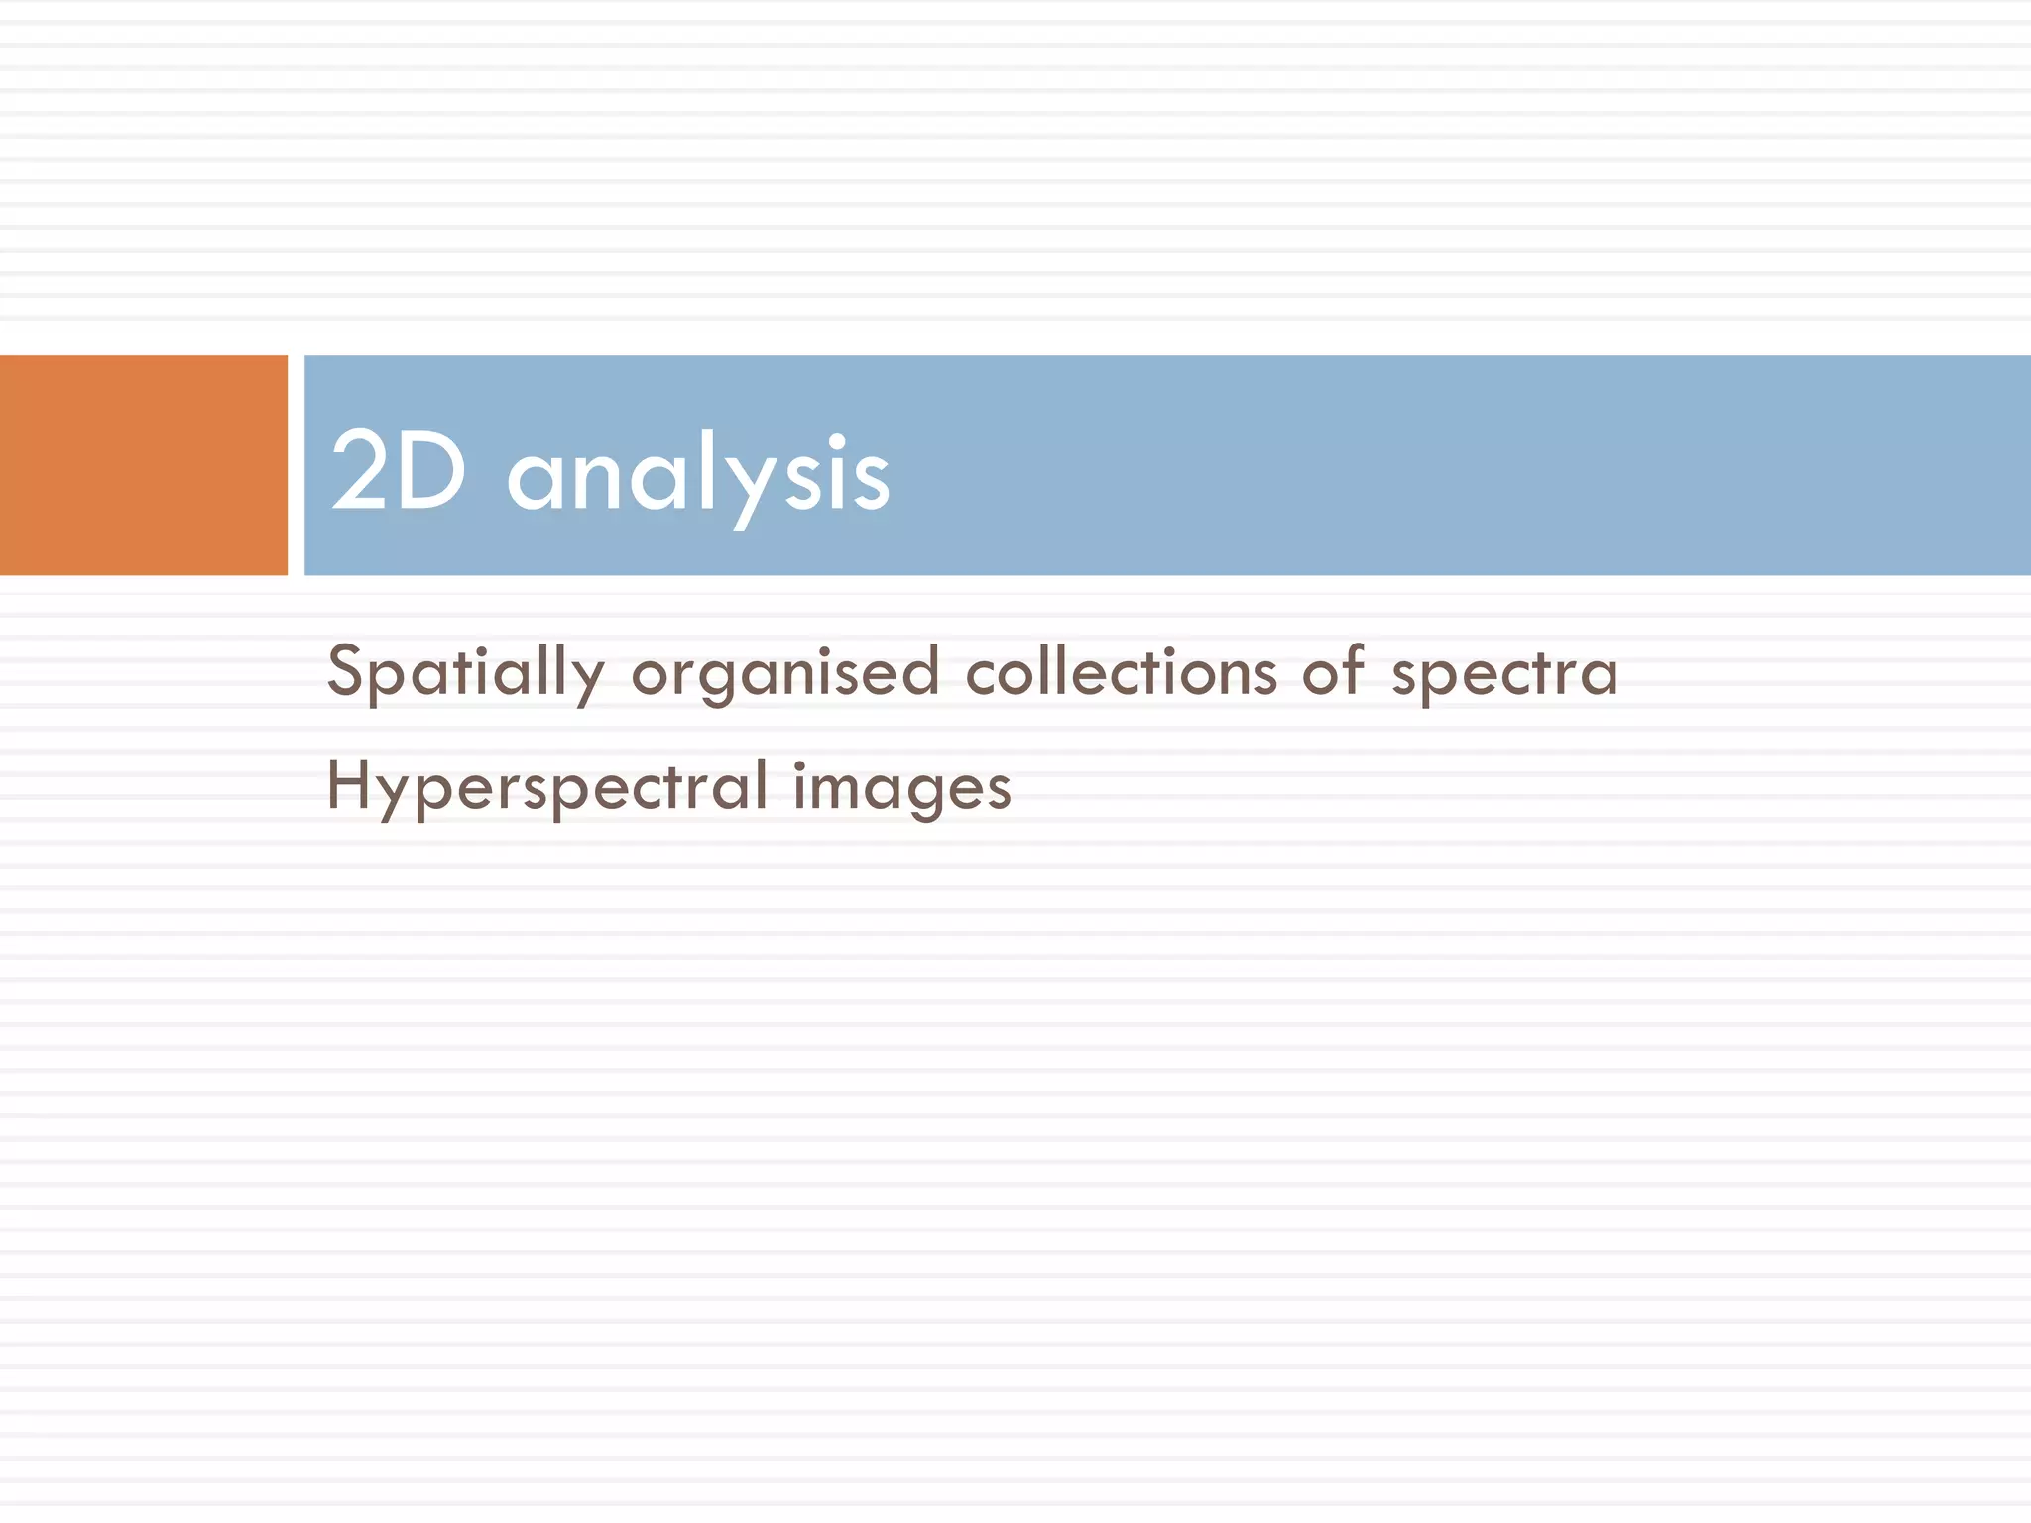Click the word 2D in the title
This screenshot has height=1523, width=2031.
click(x=398, y=472)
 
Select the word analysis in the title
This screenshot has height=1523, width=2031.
click(x=698, y=476)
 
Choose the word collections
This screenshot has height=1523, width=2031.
click(x=1121, y=672)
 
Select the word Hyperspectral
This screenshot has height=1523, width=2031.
click(x=546, y=787)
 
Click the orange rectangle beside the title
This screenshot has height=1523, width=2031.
click(x=143, y=465)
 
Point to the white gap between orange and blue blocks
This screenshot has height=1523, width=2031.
click(x=296, y=465)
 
